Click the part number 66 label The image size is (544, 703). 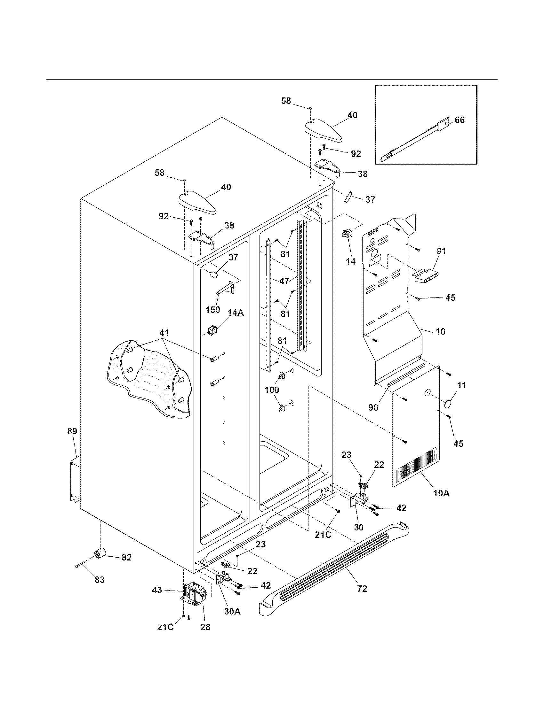460,120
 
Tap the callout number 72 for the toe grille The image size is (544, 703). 362,589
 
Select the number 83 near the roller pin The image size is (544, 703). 100,580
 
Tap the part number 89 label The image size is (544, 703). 72,431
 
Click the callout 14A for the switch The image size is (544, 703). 236,312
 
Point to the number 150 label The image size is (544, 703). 213,309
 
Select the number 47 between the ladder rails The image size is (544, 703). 284,281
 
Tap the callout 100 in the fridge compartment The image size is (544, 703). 272,390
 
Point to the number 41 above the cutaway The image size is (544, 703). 164,333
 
